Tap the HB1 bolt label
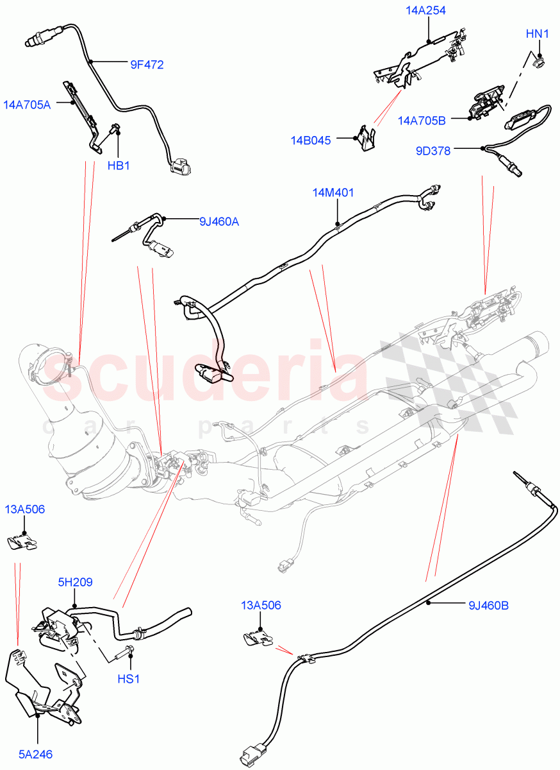pyautogui.click(x=119, y=166)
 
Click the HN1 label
pyautogui.click(x=537, y=33)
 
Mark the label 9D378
pyautogui.click(x=433, y=151)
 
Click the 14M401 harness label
pyautogui.click(x=333, y=193)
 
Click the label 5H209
pyautogui.click(x=74, y=583)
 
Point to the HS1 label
pyautogui.click(x=128, y=678)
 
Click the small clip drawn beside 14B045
pyautogui.click(x=366, y=138)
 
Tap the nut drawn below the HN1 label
pyautogui.click(x=540, y=61)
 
